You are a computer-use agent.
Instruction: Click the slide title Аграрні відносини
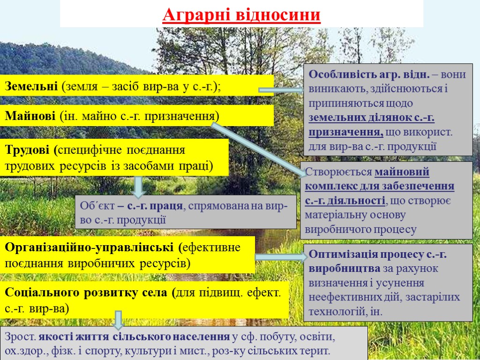point(241,15)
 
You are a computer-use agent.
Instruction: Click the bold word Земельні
point(31,86)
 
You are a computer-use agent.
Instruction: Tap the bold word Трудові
point(29,150)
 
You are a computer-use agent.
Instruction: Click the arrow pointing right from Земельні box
point(281,90)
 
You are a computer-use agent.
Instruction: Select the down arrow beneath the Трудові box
point(138,187)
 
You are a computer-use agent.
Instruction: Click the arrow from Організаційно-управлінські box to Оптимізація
point(279,257)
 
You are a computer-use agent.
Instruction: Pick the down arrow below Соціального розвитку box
point(119,320)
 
